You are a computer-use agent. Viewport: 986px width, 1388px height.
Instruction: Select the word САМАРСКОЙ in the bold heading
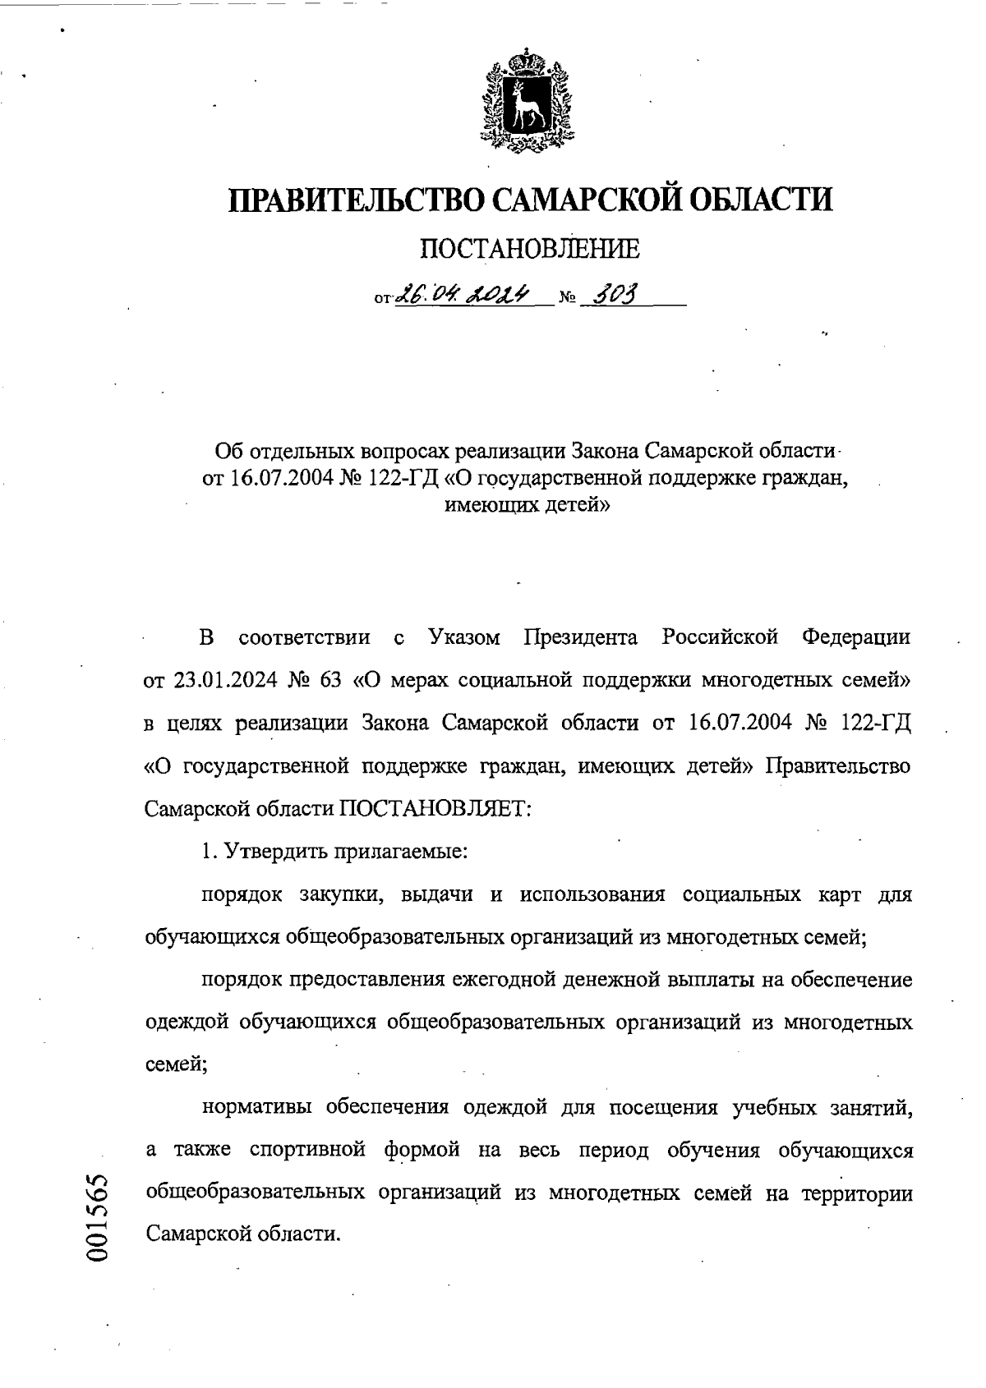click(589, 200)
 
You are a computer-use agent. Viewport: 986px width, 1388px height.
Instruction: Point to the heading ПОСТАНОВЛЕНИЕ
click(530, 247)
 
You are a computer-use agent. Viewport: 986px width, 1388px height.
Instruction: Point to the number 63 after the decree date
click(329, 680)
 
